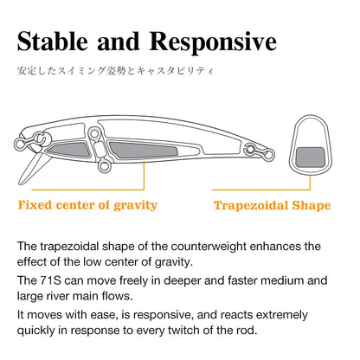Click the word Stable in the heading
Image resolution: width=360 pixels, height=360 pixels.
pos(53,42)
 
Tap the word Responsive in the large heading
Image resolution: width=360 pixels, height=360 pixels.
pos(213,42)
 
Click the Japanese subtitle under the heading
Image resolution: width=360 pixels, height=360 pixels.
pos(115,71)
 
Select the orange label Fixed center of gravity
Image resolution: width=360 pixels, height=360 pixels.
pos(87,205)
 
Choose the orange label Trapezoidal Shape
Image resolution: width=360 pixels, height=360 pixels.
pos(272,205)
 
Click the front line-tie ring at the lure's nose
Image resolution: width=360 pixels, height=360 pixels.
pos(19,145)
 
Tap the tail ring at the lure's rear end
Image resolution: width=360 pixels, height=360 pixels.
pos(269,155)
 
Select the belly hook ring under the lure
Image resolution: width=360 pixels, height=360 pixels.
pos(105,166)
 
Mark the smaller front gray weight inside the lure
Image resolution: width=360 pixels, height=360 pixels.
pos(69,150)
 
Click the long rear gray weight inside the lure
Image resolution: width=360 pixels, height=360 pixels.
pos(142,150)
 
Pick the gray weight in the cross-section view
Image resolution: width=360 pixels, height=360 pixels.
pos(311,157)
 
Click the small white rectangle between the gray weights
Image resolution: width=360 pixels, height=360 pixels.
pos(99,150)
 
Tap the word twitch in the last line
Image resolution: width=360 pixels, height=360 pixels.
pos(183,330)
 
